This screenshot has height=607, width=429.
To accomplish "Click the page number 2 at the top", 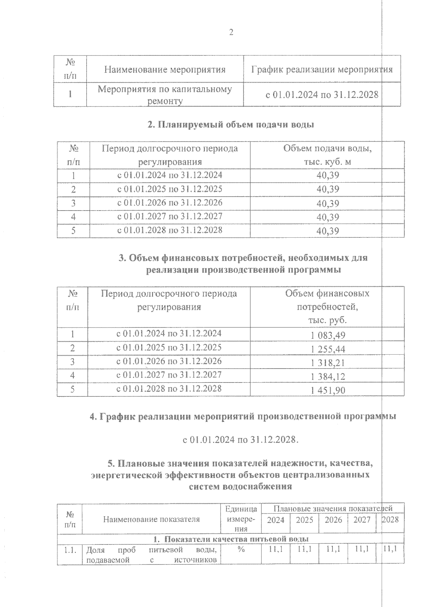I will [231, 33].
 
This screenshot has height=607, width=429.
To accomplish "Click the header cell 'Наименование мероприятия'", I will [165, 69].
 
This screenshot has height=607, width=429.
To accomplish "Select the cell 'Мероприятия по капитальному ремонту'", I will [165, 95].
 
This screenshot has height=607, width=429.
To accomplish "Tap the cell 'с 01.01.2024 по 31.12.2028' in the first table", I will [321, 95].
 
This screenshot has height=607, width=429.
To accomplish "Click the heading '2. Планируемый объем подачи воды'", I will [231, 125].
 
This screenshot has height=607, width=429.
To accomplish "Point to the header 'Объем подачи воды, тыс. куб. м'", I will [327, 155].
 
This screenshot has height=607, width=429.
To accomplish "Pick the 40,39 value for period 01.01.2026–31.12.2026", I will [327, 203].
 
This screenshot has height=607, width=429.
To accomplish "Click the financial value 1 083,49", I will [328, 335].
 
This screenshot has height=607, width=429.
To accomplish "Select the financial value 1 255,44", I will [328, 349].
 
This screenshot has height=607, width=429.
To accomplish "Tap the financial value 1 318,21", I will [328, 363].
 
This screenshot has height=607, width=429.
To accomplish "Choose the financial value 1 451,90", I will [328, 390].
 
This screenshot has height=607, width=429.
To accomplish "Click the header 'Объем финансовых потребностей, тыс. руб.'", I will [327, 307].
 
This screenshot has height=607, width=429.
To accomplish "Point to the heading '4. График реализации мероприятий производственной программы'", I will [243, 417].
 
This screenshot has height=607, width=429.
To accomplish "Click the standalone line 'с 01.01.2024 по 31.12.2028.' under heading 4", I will [240, 439].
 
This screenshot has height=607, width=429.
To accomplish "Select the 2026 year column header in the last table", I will [333, 520].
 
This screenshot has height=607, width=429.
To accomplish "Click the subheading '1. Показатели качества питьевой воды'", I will [231, 539].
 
